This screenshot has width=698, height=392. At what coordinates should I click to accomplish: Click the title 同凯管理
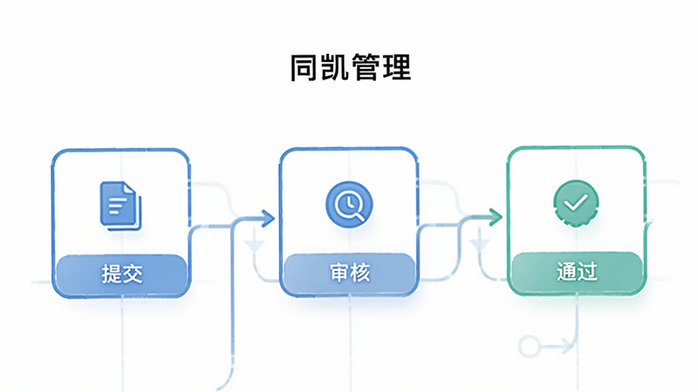pos(351,68)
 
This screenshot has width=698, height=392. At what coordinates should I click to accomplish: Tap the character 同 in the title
pos(305,68)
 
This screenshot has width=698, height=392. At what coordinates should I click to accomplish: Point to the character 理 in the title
pos(396,68)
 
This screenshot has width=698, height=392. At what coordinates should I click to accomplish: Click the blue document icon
pos(120,206)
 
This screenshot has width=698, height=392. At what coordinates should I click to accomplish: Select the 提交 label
pos(122,273)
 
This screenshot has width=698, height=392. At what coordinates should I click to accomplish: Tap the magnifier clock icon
pos(349,205)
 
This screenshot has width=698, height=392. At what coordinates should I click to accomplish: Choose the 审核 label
pos(350,273)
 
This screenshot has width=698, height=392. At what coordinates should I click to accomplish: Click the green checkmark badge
pos(576,203)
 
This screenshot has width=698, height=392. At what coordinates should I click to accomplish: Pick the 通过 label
pos(577,271)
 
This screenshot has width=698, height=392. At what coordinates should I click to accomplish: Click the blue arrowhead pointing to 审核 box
pos(268,219)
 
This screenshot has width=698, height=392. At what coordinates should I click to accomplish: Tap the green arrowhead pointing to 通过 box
pos(496,217)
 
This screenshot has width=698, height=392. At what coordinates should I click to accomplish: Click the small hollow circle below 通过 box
pos(530,346)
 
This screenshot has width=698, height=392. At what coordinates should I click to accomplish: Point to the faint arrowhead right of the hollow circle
pos(568,345)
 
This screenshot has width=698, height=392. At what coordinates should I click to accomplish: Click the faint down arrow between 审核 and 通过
pos(480,244)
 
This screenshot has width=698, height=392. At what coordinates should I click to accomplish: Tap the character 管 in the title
pos(366,68)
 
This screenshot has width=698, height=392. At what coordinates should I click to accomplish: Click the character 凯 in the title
pos(335,68)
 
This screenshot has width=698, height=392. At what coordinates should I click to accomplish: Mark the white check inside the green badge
pos(576,203)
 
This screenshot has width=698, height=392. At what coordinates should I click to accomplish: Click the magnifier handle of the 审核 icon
pos(360,216)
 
